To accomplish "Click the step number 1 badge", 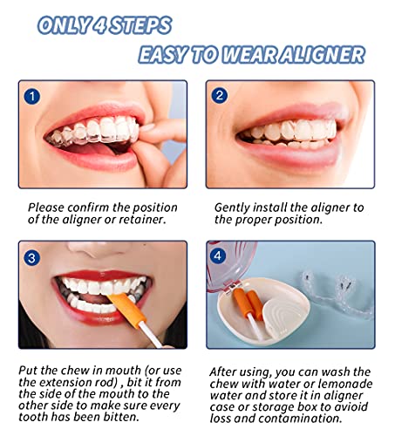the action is coord(32,96).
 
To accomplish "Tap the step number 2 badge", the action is coord(220,96).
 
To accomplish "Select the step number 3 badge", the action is coord(31,258).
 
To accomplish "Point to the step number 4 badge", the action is coord(218,256).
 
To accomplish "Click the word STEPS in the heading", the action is coord(140,25).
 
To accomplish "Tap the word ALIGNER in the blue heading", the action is coord(321,55).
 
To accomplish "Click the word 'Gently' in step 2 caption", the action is coord(232,208).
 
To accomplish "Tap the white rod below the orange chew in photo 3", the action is coord(150,335).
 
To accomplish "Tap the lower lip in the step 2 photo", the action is coord(294,154).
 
